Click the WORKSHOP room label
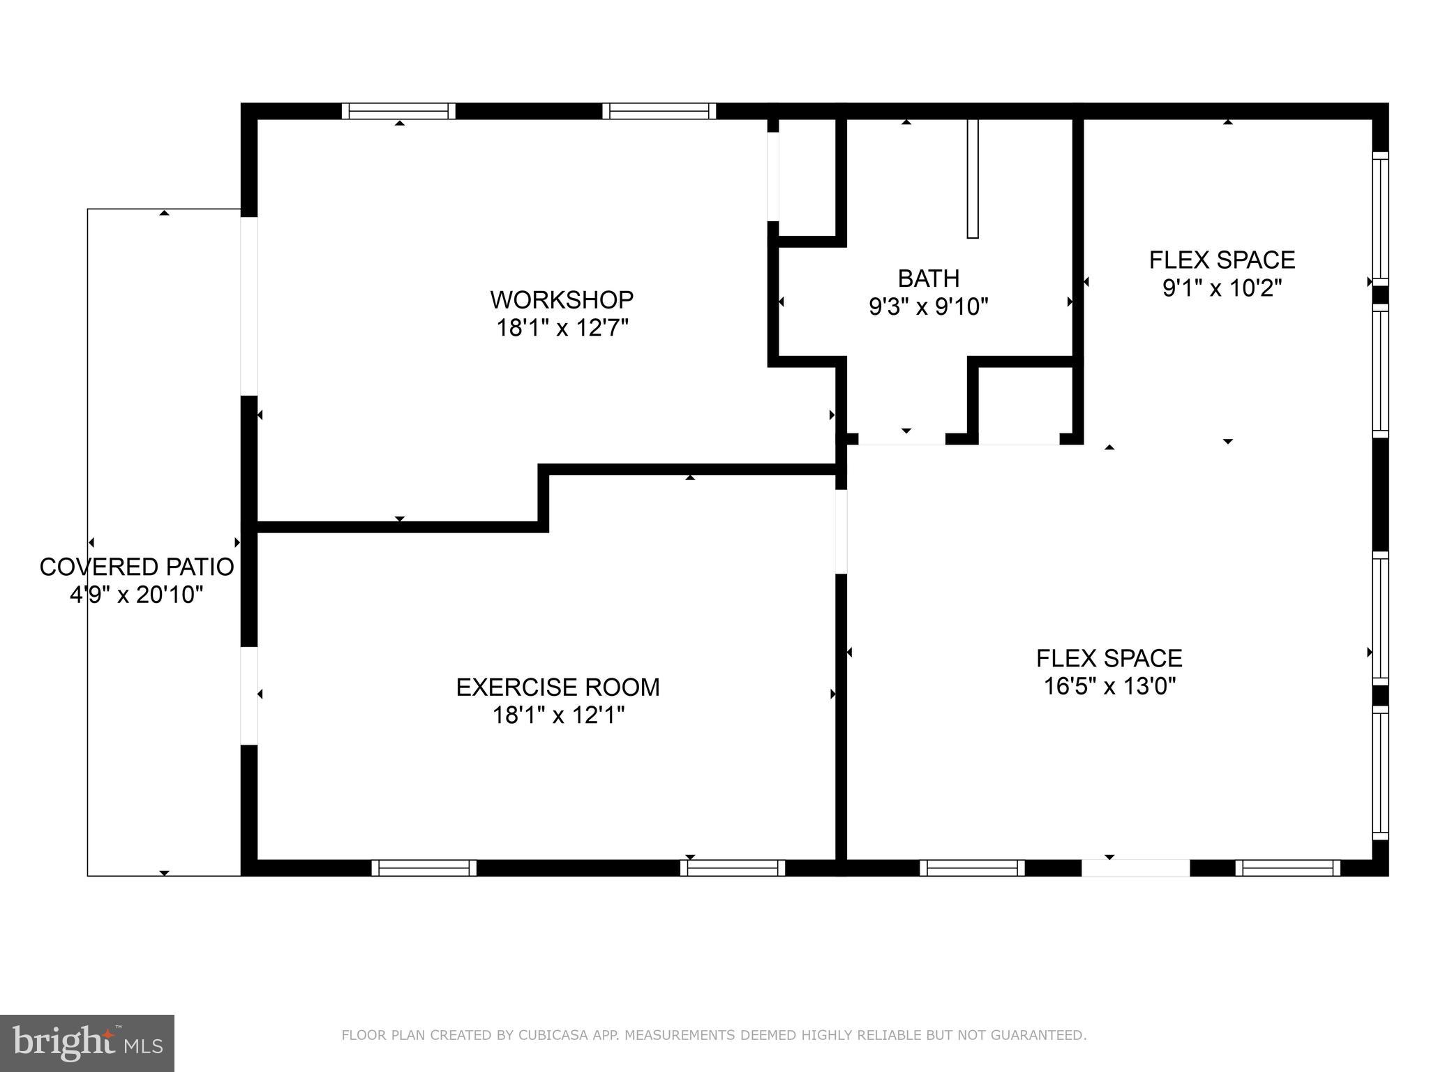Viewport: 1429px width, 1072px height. [562, 299]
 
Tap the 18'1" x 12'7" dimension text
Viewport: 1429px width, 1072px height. [562, 327]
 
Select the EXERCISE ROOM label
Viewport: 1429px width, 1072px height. [558, 687]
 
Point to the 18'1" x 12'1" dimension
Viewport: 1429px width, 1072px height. [558, 715]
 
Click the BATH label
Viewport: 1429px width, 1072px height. [928, 278]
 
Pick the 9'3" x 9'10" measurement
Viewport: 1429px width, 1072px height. [928, 306]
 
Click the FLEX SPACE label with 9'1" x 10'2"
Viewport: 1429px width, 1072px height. [1222, 260]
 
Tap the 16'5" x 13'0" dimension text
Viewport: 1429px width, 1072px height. [1109, 687]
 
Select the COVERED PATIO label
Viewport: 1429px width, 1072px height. [137, 567]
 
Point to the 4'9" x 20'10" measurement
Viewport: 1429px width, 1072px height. [137, 595]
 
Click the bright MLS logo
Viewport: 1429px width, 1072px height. [87, 1043]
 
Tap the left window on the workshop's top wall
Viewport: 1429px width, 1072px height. [398, 111]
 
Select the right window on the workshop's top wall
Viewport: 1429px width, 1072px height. [659, 111]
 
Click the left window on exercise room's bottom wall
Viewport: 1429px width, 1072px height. [424, 868]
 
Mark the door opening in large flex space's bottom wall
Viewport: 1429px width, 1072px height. [1135, 868]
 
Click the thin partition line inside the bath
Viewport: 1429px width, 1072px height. [972, 178]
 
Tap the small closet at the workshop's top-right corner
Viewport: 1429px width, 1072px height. [807, 178]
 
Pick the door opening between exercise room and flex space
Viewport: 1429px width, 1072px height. [841, 532]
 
